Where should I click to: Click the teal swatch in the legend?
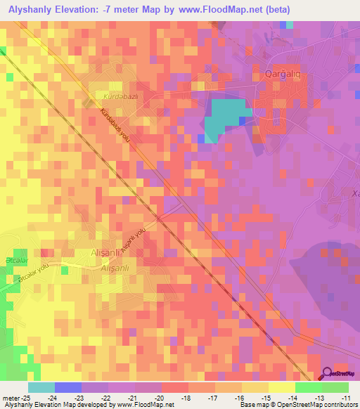click(x=41, y=387)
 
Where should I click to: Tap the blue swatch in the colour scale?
click(x=68, y=387)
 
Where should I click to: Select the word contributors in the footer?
click(x=340, y=405)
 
